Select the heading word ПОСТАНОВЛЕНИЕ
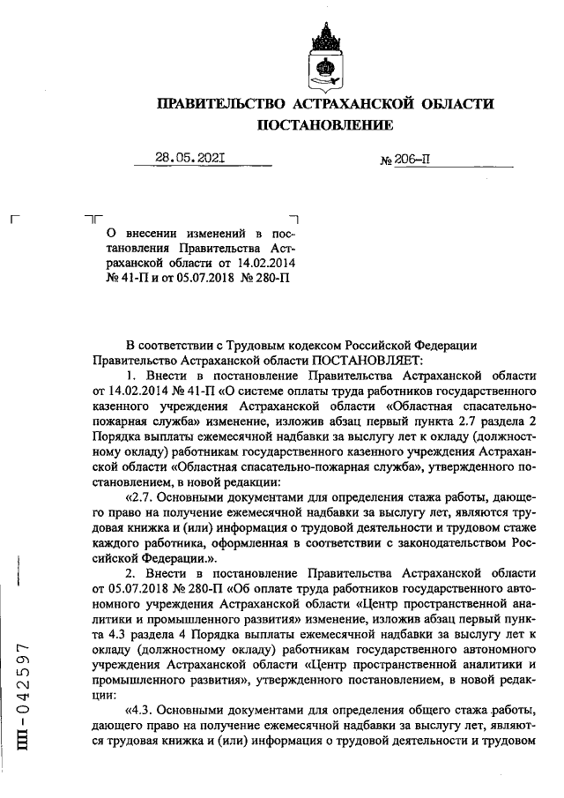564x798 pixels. pyautogui.click(x=325, y=126)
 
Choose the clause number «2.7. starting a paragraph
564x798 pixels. pyautogui.click(x=145, y=496)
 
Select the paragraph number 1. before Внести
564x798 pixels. pyautogui.click(x=132, y=375)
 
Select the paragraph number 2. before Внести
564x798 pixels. pyautogui.click(x=132, y=572)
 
